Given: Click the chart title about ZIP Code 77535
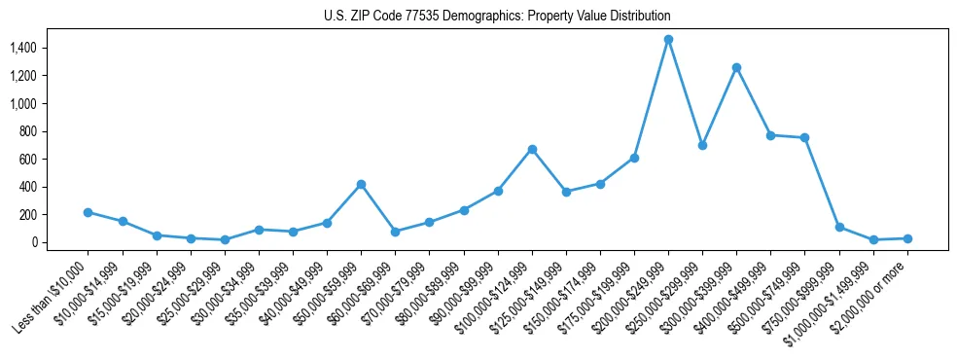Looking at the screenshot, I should [x=497, y=17].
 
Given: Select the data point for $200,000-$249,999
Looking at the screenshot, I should [x=668, y=39].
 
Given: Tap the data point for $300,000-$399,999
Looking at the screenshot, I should [x=736, y=67].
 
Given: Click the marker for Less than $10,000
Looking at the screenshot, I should [x=88, y=212].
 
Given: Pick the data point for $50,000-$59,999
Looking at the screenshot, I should [x=361, y=184].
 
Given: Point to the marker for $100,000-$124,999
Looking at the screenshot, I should [x=532, y=149].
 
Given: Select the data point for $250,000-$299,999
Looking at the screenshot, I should [x=702, y=145].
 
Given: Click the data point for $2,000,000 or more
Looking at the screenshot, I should [x=907, y=238].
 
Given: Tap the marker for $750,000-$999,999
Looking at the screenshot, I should [x=839, y=227].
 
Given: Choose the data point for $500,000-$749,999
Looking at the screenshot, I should [x=804, y=137].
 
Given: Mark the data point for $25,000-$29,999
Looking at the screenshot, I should [x=225, y=239].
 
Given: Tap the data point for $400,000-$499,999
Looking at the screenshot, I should [x=770, y=135].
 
